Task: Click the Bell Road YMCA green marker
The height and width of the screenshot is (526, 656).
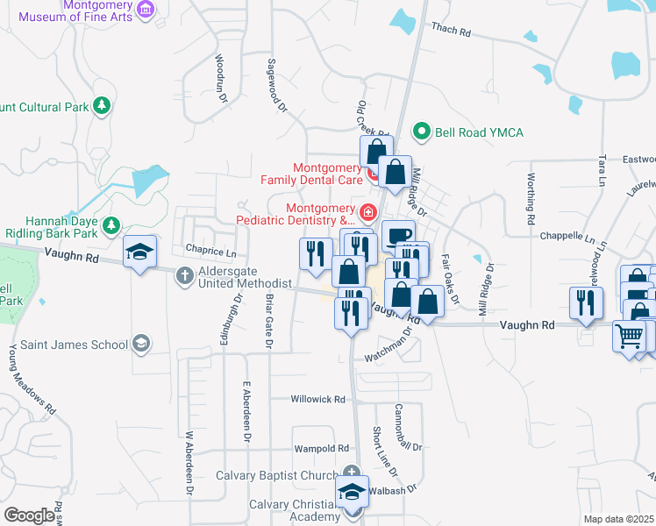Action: tap(422, 131)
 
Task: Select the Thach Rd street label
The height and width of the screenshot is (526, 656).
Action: tap(451, 31)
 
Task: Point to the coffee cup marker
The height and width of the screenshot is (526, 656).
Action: tap(399, 235)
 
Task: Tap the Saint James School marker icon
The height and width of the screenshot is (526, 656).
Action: tap(140, 344)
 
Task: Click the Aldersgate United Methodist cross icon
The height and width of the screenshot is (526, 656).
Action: tap(185, 275)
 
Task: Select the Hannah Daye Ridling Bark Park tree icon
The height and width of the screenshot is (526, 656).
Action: tap(111, 226)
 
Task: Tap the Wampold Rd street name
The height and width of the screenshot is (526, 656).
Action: tap(321, 448)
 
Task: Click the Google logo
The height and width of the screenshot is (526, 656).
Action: tap(29, 515)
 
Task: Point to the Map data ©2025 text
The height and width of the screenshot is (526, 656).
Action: tap(618, 519)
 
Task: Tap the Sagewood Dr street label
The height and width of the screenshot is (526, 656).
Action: tap(276, 85)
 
